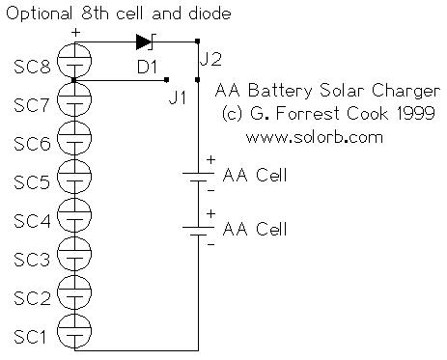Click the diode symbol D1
pos(146,42)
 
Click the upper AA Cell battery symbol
pos(197,177)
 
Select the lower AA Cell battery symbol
pos(197,231)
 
